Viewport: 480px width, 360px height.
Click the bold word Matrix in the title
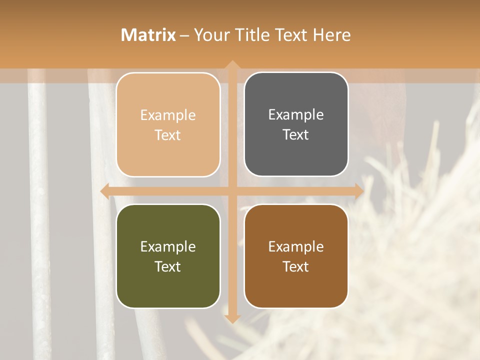pos(148,35)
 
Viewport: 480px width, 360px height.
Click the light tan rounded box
pos(168,124)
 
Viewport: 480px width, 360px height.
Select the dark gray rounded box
pos(296,124)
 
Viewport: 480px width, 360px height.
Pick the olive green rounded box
pos(168,256)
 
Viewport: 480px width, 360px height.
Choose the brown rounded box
pos(296,256)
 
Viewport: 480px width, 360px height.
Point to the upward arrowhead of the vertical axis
pos(232,65)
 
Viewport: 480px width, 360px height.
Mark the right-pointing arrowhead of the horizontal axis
pos(358,191)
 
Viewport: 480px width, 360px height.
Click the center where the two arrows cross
pos(232,191)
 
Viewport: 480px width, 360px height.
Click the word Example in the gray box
pos(296,115)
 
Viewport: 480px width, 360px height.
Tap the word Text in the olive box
pos(168,266)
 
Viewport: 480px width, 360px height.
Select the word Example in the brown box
pos(296,246)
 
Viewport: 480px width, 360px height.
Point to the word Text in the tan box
pos(168,135)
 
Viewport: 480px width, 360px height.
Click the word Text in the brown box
pos(296,266)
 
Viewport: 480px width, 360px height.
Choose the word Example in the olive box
pos(168,246)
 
